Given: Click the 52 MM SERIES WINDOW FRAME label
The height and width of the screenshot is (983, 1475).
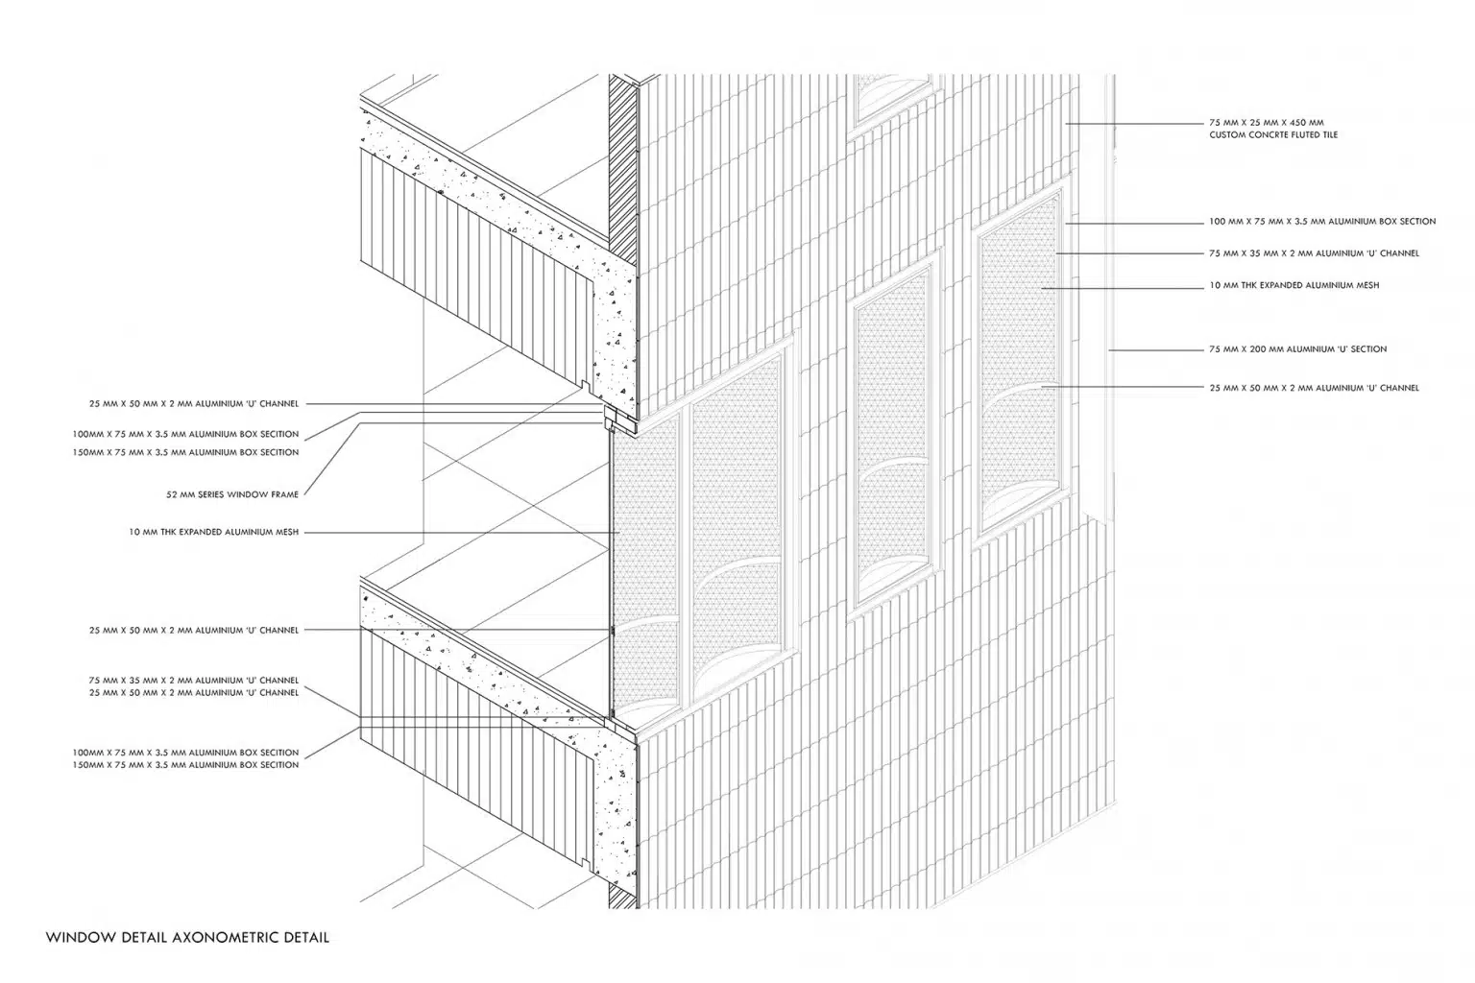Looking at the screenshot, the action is (232, 494).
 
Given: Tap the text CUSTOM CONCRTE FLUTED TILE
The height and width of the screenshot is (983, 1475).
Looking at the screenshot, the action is (1272, 135).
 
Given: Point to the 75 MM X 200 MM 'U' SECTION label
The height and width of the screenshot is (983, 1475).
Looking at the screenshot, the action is (1298, 349).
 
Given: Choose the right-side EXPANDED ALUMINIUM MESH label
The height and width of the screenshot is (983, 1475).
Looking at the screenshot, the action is (1294, 285).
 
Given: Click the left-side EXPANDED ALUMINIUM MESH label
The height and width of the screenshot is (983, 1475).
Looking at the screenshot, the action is (214, 532).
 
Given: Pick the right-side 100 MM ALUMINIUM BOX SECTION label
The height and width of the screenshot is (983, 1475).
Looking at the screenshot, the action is (1322, 221).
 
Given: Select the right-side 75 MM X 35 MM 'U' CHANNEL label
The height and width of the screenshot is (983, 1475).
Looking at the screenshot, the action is (1314, 252).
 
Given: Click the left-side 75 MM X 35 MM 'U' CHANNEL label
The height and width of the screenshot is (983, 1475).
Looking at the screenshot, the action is (194, 681).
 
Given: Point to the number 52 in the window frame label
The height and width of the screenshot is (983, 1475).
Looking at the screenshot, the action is (172, 494).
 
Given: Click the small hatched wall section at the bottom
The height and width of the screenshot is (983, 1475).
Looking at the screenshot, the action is (623, 896).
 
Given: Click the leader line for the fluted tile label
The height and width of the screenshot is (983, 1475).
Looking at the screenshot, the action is (1134, 123).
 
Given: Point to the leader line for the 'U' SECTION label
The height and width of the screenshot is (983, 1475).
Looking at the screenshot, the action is (1156, 349).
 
